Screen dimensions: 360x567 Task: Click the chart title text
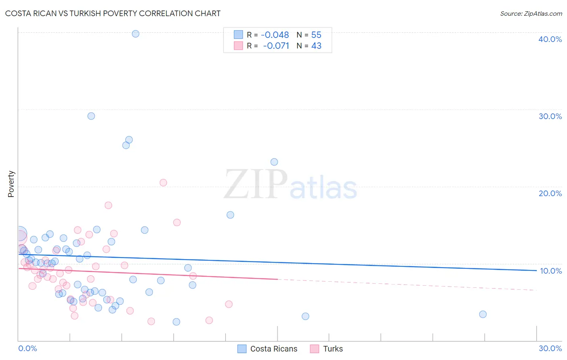coord(113,13)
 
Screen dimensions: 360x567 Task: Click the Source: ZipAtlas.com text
coord(531,14)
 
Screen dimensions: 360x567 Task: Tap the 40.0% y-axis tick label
coord(550,39)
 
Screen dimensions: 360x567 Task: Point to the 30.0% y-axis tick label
coord(550,116)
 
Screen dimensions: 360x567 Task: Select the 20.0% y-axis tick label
coord(550,193)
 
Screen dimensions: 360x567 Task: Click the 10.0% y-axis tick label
coord(550,271)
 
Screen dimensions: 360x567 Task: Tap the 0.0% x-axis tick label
coord(27,348)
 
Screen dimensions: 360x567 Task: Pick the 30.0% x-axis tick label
coord(550,348)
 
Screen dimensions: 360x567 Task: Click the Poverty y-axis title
coord(11,184)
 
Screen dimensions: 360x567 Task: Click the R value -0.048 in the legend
coord(275,35)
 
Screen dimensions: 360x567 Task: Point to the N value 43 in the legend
coord(316,46)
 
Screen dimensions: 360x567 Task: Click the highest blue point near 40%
coord(135,34)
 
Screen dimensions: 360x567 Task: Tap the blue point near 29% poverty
coord(91,116)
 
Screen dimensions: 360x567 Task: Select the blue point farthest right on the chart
coord(483,314)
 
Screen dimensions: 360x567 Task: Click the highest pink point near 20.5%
coord(163,182)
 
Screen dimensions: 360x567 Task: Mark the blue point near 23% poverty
coord(274,162)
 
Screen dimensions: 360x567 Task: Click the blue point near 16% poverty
coord(230,215)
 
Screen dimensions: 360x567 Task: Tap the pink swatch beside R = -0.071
coord(238,46)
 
